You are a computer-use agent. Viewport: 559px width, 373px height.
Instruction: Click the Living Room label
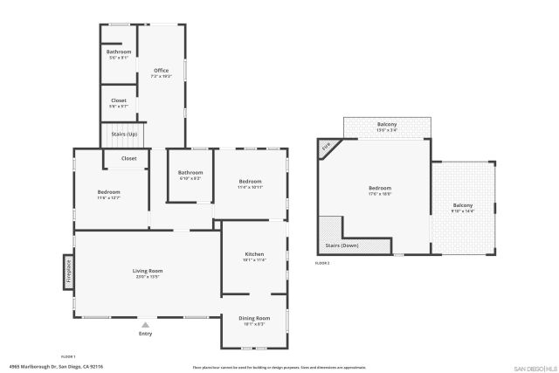148,271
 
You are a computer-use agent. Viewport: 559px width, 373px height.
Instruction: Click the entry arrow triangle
145,325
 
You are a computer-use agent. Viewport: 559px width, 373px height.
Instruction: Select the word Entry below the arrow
145,334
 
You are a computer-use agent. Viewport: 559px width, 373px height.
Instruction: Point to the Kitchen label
253,254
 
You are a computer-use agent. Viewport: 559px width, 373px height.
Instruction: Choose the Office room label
161,70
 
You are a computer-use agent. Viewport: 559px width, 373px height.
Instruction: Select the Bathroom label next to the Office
119,52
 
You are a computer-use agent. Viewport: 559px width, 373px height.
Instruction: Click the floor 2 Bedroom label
379,189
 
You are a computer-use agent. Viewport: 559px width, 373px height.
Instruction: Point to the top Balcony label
387,125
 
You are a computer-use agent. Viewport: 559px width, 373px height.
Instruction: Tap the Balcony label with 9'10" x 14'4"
463,205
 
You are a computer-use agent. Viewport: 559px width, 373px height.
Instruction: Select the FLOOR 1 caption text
68,356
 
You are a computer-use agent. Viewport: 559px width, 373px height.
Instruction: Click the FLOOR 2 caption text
322,263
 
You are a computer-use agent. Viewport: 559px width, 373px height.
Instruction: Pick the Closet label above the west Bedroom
128,158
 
